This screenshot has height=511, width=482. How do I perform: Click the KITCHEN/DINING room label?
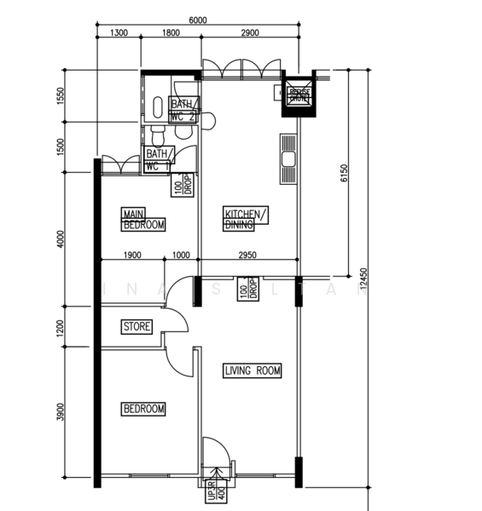pyautogui.click(x=246, y=219)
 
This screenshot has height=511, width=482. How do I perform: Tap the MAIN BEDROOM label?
pyautogui.click(x=143, y=220)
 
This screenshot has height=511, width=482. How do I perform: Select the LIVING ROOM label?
pyautogui.click(x=253, y=370)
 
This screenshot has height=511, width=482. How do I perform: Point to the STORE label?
pyautogui.click(x=136, y=327)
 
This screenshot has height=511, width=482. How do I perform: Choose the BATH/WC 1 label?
pyautogui.click(x=159, y=160)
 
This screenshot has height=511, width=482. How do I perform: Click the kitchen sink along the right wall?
pyautogui.click(x=287, y=158)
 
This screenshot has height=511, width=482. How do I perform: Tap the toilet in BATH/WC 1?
pyautogui.click(x=156, y=135)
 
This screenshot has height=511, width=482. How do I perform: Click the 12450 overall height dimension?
pyautogui.click(x=364, y=279)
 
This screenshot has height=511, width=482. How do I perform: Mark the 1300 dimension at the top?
pyautogui.click(x=119, y=33)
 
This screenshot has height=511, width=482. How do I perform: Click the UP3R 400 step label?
pyautogui.click(x=212, y=493)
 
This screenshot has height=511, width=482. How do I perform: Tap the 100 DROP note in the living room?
pyautogui.click(x=247, y=290)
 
